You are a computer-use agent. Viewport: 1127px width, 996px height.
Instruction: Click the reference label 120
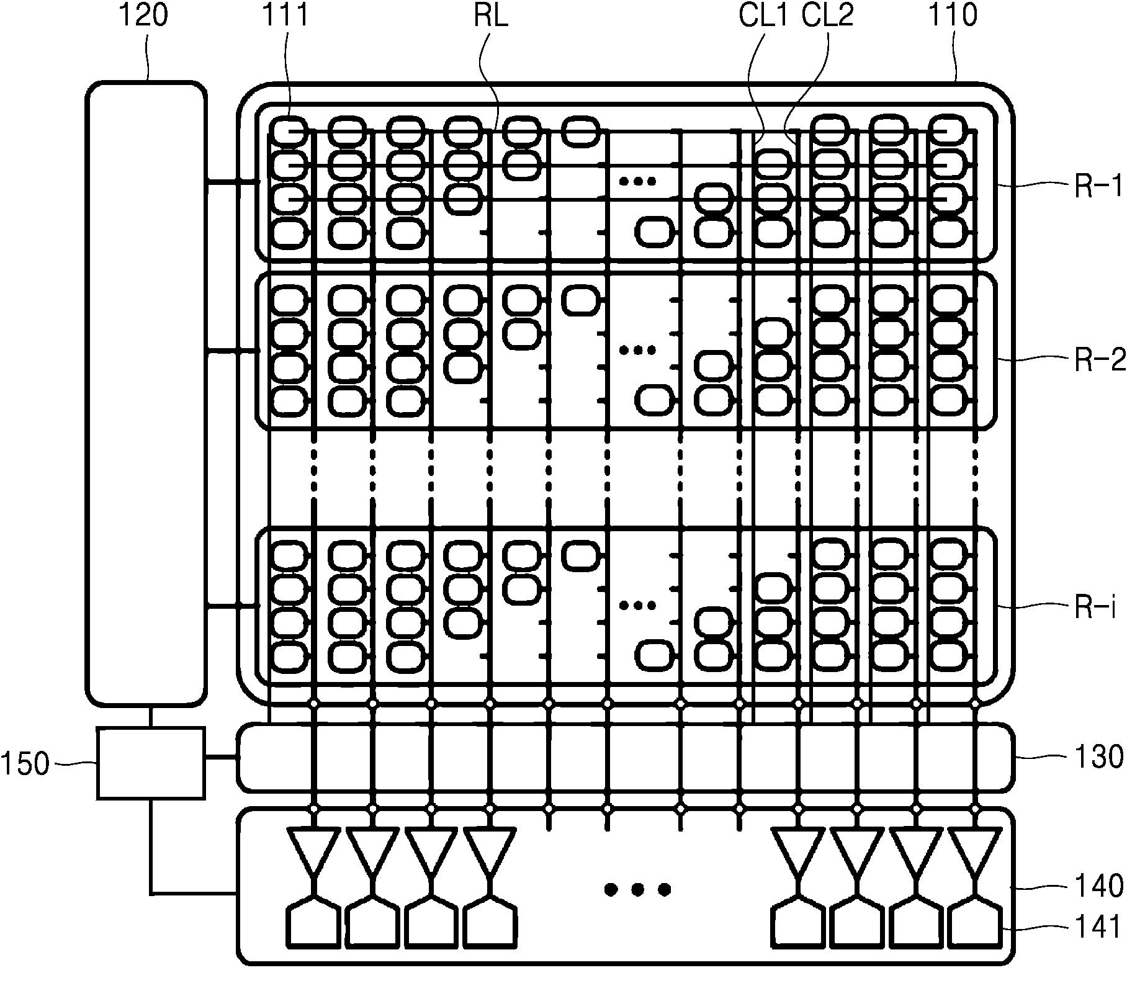click(x=143, y=16)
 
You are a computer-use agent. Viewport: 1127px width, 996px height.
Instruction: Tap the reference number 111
click(x=285, y=16)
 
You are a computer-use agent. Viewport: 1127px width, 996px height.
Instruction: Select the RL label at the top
click(x=490, y=16)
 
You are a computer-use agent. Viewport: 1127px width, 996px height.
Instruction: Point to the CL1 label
click(x=763, y=16)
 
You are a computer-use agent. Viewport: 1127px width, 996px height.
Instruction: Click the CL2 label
click(x=827, y=16)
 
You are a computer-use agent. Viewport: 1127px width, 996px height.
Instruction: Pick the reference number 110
click(x=952, y=16)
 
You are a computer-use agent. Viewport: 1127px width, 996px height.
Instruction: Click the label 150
click(x=25, y=765)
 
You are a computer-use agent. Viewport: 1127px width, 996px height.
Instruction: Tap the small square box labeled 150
click(x=151, y=763)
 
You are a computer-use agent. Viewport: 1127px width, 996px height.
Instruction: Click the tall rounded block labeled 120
click(x=145, y=393)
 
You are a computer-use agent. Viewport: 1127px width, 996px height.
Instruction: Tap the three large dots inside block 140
click(x=637, y=890)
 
